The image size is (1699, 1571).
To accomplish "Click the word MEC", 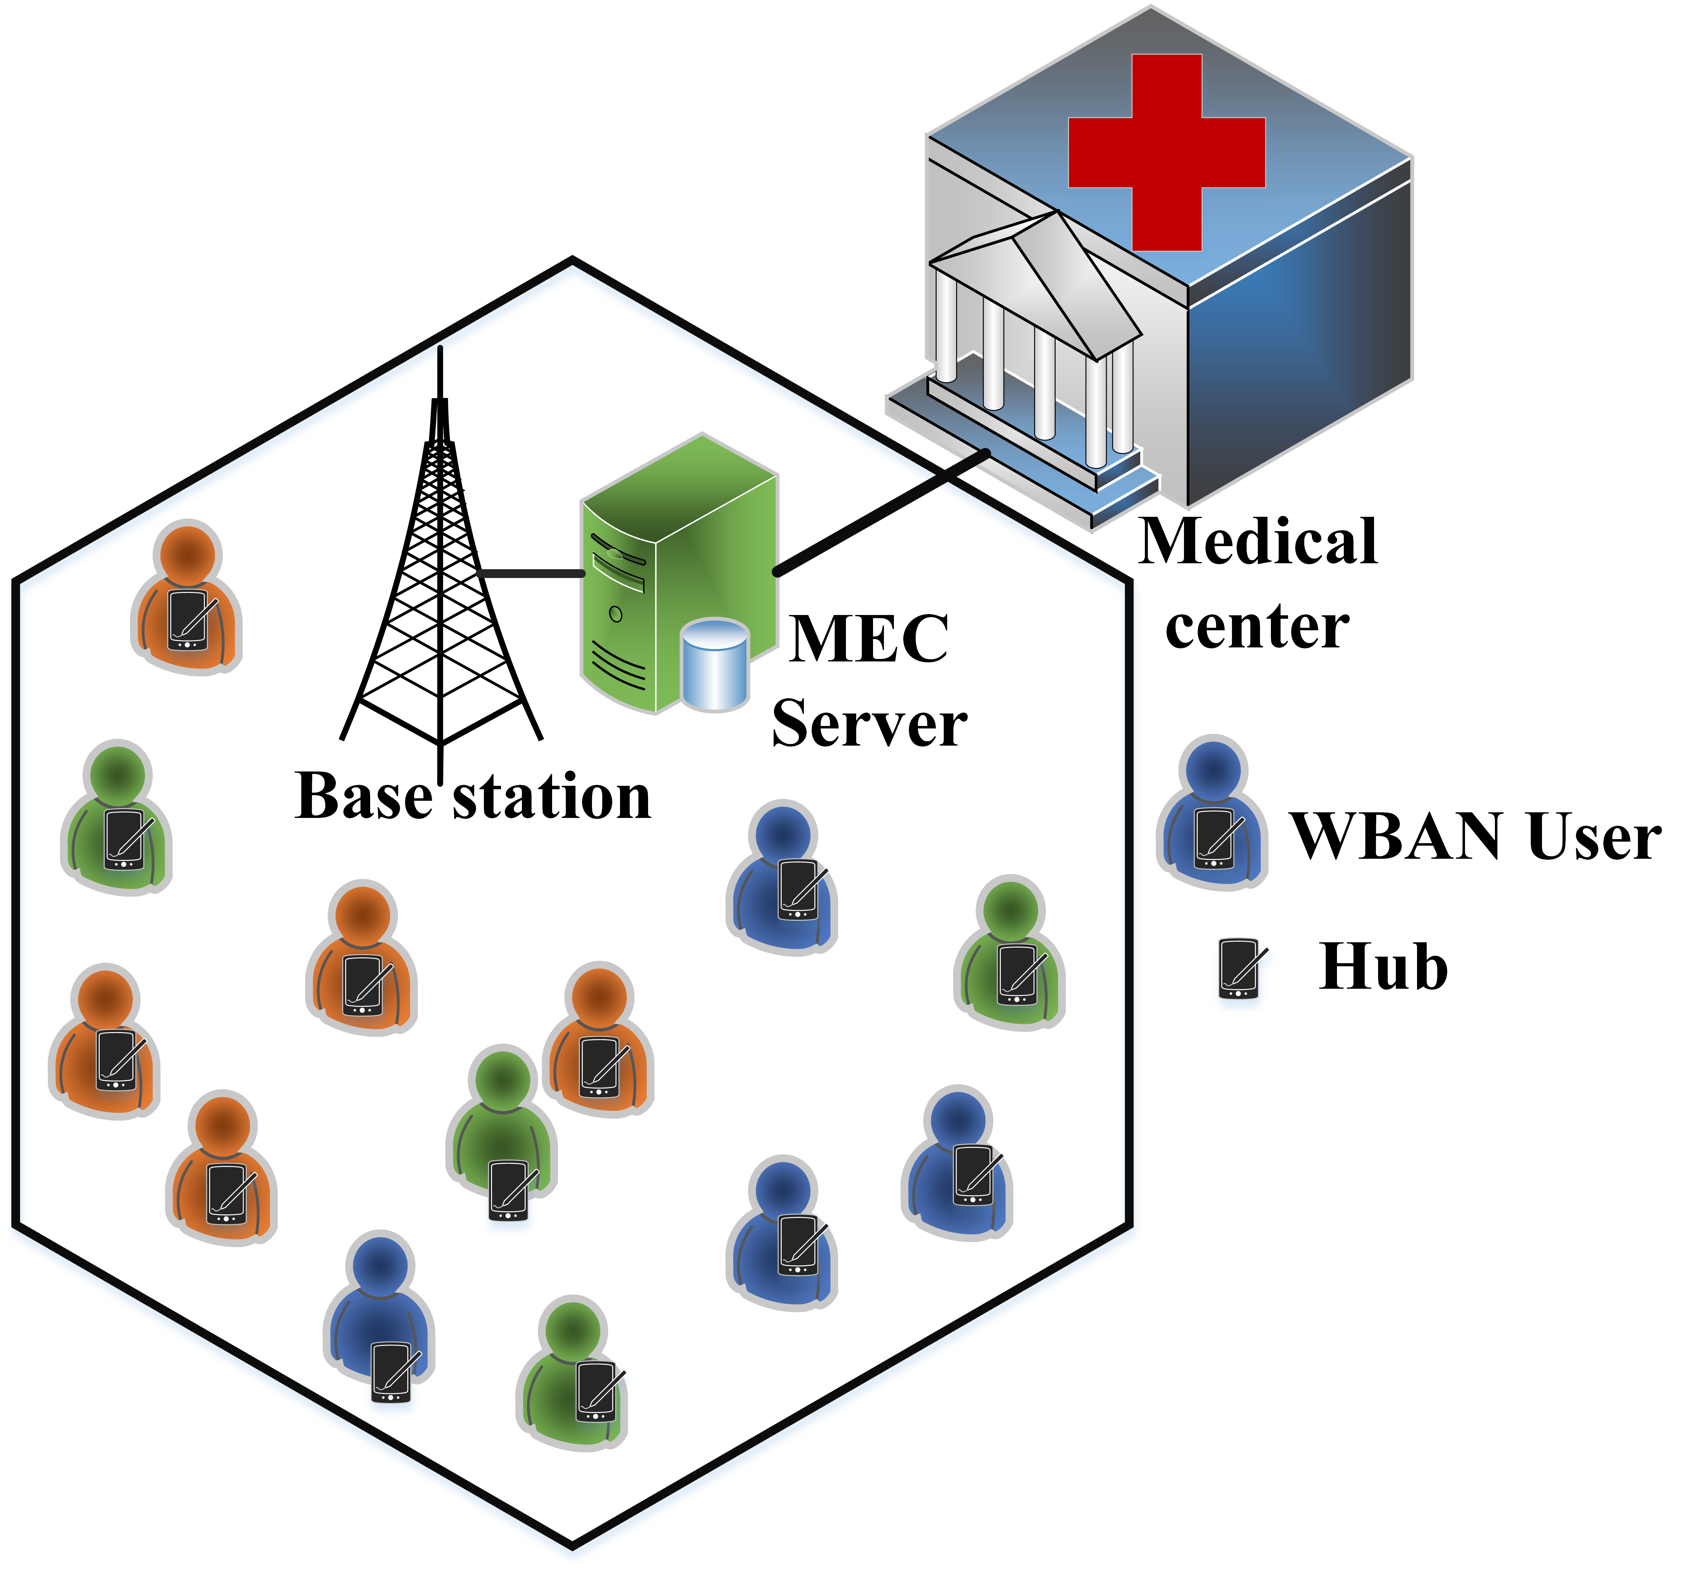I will coord(869,639).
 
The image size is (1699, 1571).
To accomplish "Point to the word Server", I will coord(869,724).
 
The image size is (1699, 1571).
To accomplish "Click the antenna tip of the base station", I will coord(440,350).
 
